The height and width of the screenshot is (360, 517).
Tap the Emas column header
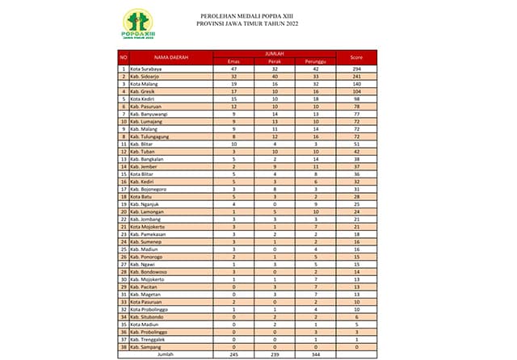point(233,61)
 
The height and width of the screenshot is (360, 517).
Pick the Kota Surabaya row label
point(146,70)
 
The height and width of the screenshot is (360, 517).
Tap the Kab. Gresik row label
point(144,92)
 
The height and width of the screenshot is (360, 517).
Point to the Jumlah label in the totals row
point(166,353)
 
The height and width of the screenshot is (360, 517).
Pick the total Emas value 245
point(233,353)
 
